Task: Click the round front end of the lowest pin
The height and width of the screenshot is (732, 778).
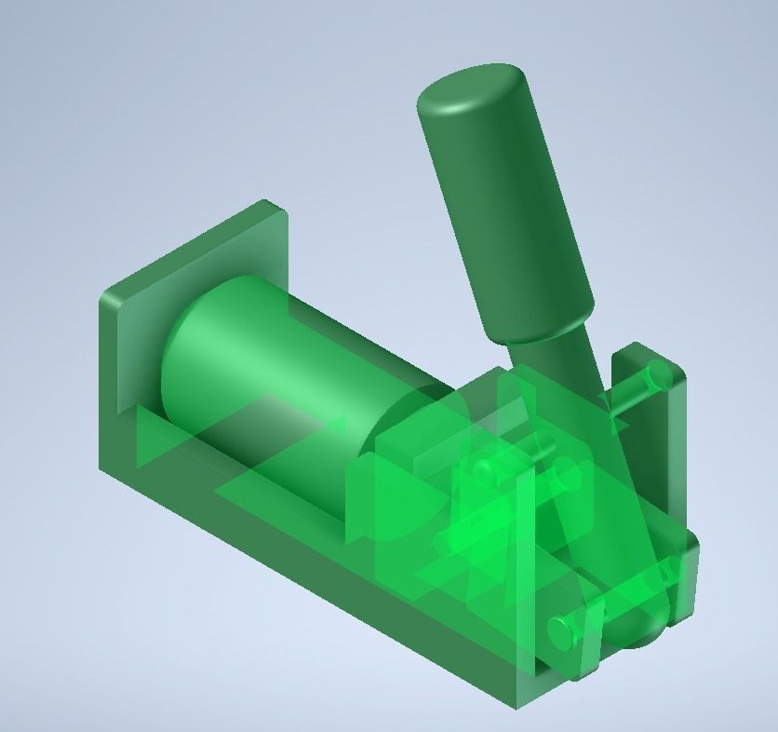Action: pyautogui.click(x=560, y=631)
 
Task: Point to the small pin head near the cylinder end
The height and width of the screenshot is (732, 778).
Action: pyautogui.click(x=484, y=470)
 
